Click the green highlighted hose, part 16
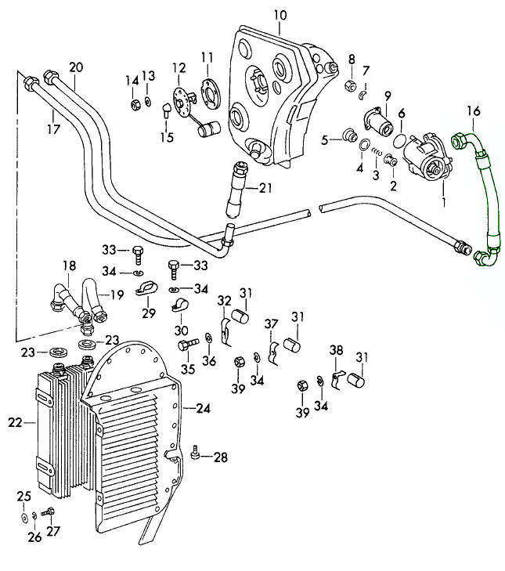pos(489,196)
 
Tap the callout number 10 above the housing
pos(281,15)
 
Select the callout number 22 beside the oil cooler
pos(16,423)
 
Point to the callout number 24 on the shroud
pos(203,408)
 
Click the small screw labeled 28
pos(195,453)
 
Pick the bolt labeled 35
pos(186,345)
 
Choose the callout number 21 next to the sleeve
pos(266,187)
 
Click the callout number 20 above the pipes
pos(75,67)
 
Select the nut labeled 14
pos(135,103)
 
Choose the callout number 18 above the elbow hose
pos(69,265)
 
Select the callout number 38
pos(336,350)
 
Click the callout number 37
pos(272,323)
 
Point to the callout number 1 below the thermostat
pos(444,201)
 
